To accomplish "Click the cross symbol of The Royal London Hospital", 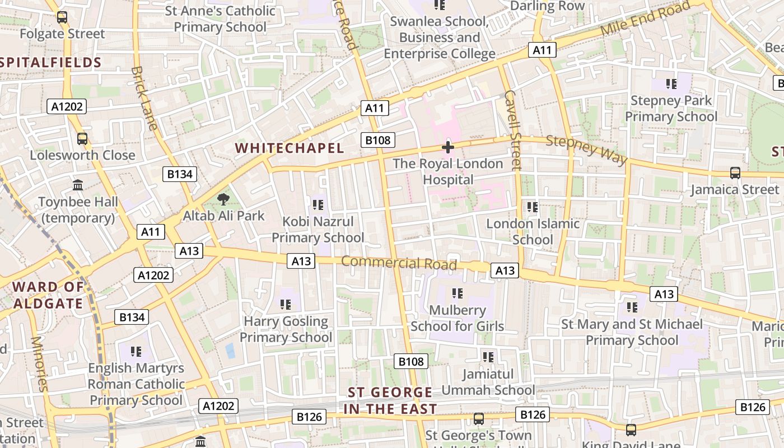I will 447,147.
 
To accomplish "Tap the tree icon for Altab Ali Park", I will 223,199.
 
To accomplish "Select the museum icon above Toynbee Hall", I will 78,185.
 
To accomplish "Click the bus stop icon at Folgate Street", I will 62,17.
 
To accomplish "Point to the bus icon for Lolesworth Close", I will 82,138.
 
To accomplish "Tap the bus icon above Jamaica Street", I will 735,173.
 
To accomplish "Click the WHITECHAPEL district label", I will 289,148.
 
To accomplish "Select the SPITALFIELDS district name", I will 51,62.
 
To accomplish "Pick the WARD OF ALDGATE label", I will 48,296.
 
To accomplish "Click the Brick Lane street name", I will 144,98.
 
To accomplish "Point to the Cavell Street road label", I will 512,129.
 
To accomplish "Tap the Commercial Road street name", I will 399,263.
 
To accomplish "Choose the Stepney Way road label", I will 586,150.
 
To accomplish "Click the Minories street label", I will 40,364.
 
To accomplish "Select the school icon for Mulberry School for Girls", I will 457,293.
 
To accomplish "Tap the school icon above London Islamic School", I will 532,207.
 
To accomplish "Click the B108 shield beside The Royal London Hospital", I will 378,140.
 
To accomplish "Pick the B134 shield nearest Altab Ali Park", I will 180,174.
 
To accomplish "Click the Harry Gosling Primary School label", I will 286,329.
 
